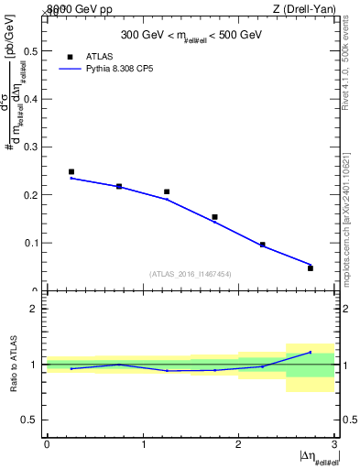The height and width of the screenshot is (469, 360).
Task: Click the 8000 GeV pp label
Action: tap(80, 8)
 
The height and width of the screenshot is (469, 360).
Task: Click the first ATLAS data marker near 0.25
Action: tap(71, 171)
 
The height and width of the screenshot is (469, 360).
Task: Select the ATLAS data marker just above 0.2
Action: tap(167, 191)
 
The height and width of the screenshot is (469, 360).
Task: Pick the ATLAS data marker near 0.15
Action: tap(214, 217)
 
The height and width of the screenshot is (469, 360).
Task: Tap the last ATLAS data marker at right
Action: tap(311, 268)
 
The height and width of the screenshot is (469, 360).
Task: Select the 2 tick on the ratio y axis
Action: tap(36, 309)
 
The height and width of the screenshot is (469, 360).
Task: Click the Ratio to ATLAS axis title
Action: tap(12, 365)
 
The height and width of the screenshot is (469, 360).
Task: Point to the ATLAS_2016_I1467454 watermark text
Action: tap(190, 273)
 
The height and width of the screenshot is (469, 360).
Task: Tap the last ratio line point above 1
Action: tap(311, 352)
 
